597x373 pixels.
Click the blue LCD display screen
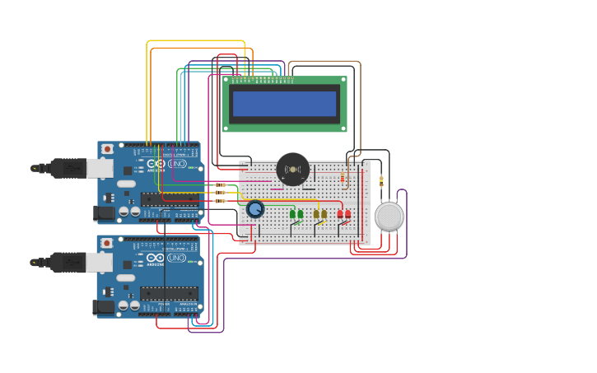coord(284,104)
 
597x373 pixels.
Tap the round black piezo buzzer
coord(292,170)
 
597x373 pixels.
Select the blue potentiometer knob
coord(255,209)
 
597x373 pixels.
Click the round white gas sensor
coord(389,217)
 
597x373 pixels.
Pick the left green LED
coord(292,214)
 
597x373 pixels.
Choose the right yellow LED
coord(324,214)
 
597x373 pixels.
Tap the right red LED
coord(347,214)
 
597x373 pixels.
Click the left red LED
coord(340,214)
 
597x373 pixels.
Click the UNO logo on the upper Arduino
coord(177,164)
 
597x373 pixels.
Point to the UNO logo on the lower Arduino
coord(177,258)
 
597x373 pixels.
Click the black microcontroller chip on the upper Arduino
coord(169,198)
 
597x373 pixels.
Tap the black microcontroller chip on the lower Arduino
coord(169,292)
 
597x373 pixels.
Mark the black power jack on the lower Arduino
coord(104,307)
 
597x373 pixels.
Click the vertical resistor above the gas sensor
coord(380,182)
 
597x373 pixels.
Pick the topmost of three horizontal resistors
coord(220,184)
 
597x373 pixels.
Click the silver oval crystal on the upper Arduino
coord(126,184)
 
